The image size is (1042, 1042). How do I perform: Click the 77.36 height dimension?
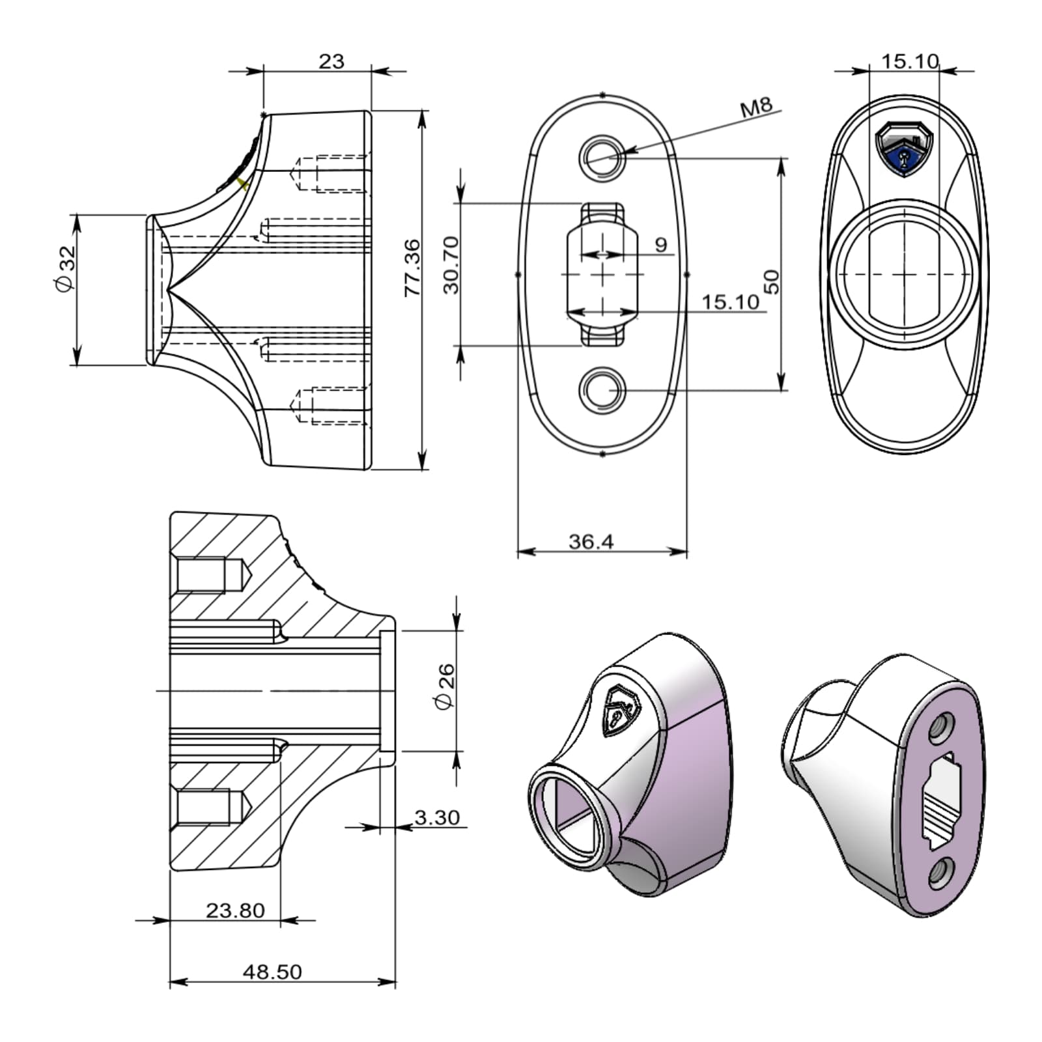tap(412, 268)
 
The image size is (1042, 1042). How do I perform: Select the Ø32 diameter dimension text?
tap(65, 268)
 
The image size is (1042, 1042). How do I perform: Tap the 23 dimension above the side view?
tap(331, 61)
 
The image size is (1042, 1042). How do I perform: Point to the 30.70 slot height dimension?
tap(451, 265)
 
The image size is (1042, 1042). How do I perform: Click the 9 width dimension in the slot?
tap(660, 245)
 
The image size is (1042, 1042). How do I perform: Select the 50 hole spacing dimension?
tap(771, 281)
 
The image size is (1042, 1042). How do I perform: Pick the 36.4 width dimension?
tap(591, 541)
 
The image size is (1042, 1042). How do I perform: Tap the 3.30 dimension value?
tap(437, 817)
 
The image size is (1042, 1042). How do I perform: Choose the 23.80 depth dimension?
tap(235, 910)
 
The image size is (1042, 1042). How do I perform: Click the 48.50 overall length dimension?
tap(272, 971)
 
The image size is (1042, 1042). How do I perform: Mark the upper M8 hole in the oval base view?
tap(603, 157)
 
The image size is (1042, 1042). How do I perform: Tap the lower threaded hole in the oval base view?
tap(603, 389)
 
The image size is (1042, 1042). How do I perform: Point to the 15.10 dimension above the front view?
tap(910, 61)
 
